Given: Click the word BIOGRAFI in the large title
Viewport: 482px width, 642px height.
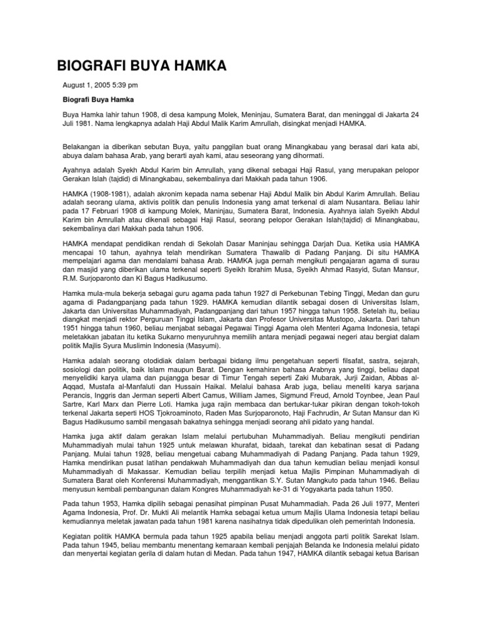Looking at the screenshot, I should point(87,66).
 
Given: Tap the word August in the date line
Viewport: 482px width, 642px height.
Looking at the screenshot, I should point(75,85).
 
